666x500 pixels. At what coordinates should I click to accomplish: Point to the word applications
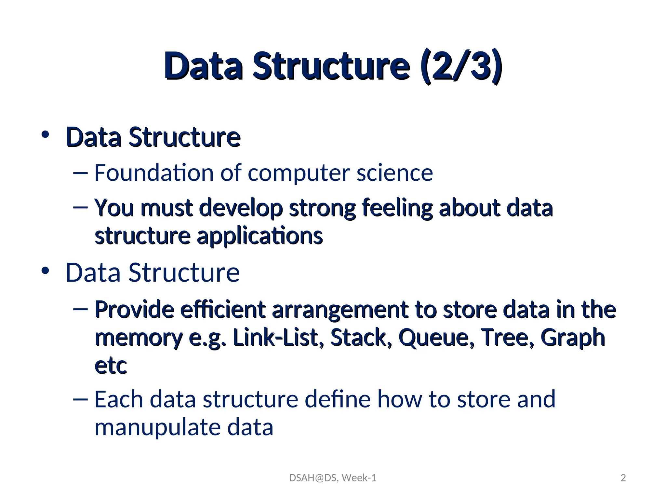pos(260,236)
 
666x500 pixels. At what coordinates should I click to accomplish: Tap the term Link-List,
pos(278,338)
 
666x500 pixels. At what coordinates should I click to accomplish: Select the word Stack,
pos(361,338)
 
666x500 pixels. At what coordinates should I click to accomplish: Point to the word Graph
pos(572,338)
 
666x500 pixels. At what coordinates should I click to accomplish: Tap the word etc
pos(111,366)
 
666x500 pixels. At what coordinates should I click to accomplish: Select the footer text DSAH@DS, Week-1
pos(333,478)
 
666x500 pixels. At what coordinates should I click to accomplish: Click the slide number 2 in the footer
pos(623,478)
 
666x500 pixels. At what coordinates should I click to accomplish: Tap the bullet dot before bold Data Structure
pos(45,134)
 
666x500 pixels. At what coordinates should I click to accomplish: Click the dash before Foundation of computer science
pos(81,173)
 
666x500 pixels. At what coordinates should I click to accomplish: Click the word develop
pos(241,208)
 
